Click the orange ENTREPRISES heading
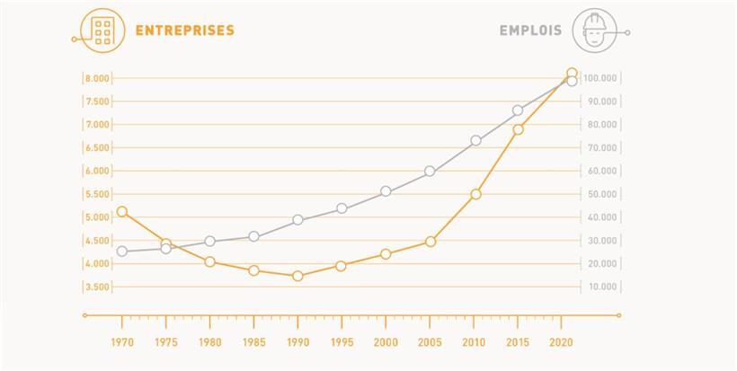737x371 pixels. tap(184, 31)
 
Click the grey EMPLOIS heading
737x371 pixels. tap(530, 31)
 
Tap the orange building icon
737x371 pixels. tap(102, 30)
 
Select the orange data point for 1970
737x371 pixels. tap(122, 212)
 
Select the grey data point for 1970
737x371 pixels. tap(122, 252)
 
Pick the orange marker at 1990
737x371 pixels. tap(297, 277)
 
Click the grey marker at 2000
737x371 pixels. tap(386, 191)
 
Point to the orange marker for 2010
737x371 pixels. tap(475, 194)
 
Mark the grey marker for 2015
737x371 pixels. tap(518, 110)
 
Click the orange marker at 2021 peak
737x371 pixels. tap(572, 73)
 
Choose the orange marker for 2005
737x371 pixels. tap(431, 242)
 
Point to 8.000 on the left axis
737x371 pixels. tap(96, 78)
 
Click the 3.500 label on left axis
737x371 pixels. tap(96, 287)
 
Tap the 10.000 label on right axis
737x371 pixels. tap(601, 287)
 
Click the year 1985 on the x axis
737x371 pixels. tap(254, 342)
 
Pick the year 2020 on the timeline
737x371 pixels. tap(562, 342)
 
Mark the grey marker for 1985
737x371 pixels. tap(254, 236)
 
